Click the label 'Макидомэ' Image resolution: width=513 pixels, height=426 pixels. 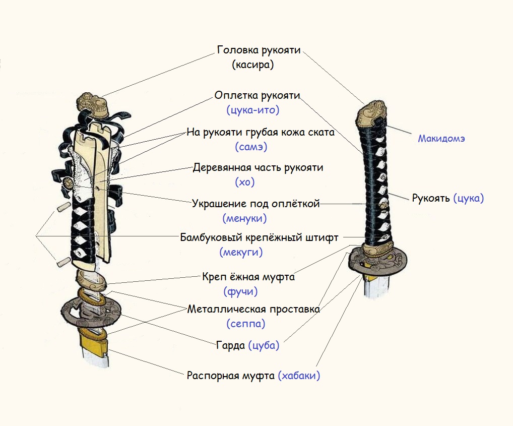[x=441, y=139]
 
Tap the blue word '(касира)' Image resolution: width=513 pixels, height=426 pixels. [x=253, y=65]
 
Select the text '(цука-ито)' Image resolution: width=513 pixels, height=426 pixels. [x=253, y=110]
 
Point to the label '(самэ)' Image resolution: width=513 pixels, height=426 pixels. [x=251, y=147]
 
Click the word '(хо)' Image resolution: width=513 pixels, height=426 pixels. [x=244, y=182]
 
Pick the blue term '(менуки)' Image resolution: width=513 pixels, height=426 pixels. [x=244, y=219]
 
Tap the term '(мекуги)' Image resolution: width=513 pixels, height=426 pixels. [x=241, y=252]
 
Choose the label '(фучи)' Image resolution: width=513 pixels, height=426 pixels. [x=240, y=291]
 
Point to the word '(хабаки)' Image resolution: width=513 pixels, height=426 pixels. [x=299, y=376]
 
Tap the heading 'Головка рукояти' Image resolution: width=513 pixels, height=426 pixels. [x=259, y=50]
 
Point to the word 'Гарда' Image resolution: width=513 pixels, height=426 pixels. [x=230, y=346]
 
